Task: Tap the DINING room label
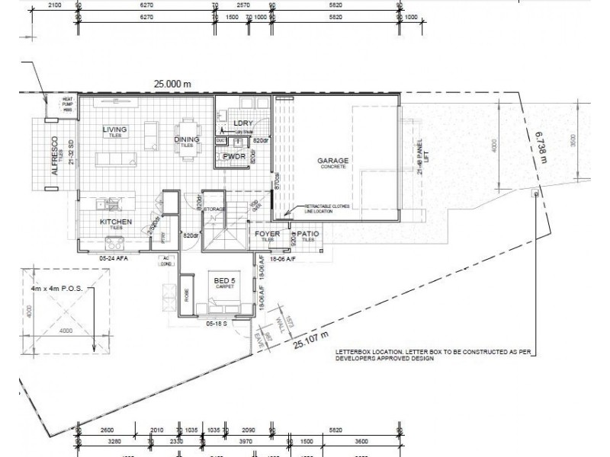[186, 139]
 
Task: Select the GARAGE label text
[334, 161]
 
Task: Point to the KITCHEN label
[117, 222]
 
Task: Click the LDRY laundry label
[242, 123]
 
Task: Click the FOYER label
[267, 233]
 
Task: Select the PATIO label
[307, 233]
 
